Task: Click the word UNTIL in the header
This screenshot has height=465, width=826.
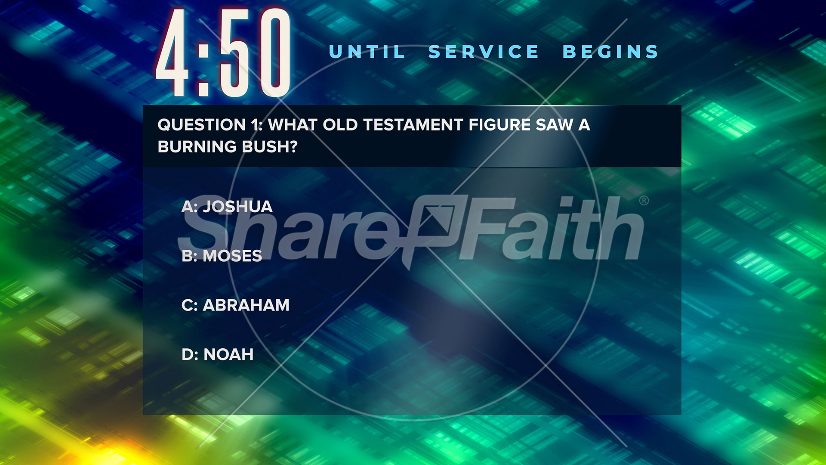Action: [x=367, y=52]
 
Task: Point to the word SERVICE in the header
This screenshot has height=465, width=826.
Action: [x=484, y=52]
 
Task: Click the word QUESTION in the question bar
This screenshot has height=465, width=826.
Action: [x=202, y=125]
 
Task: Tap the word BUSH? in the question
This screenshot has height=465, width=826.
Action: [x=270, y=147]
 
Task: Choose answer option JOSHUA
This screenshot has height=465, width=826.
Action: [x=237, y=207]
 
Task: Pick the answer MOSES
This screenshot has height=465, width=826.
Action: [x=232, y=256]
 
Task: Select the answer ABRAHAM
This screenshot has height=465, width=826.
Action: [x=246, y=305]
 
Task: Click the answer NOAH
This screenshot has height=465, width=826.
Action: [x=228, y=355]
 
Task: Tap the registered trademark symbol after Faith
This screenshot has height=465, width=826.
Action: [x=644, y=201]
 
